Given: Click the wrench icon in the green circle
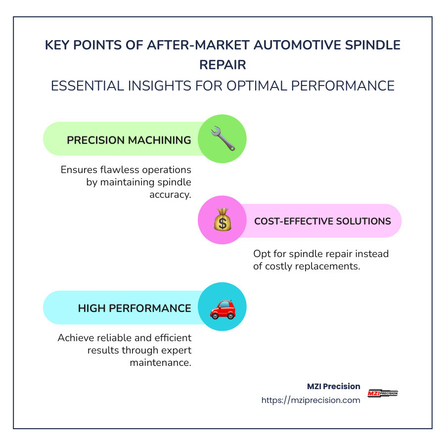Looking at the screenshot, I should click(x=222, y=139).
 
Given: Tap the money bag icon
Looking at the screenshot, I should click(x=222, y=221).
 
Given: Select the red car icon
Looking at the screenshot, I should click(x=222, y=308).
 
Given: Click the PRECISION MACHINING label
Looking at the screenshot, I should click(x=129, y=140).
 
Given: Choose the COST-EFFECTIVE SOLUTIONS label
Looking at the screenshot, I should click(x=322, y=221).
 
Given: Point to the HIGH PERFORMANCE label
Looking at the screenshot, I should click(x=134, y=308).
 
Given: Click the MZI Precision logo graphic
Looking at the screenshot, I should click(x=383, y=394).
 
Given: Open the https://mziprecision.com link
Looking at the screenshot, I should click(x=311, y=400).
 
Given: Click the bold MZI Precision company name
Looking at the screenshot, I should click(x=334, y=386).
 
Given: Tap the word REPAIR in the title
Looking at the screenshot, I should click(x=222, y=64).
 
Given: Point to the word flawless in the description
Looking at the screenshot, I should click(x=118, y=170).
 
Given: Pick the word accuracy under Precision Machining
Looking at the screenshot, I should click(x=170, y=194).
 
